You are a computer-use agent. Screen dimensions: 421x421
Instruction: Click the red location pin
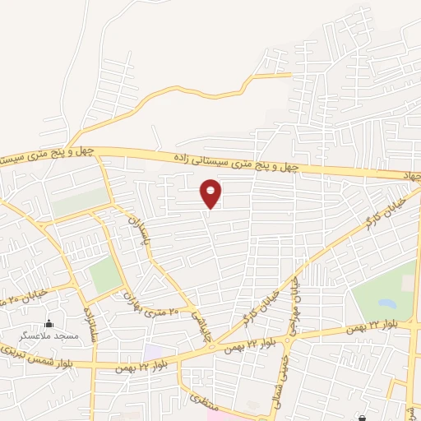coord(210,193)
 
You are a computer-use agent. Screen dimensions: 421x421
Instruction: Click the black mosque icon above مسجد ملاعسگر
coord(49,324)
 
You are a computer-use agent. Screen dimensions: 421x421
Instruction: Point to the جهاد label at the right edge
coord(410,176)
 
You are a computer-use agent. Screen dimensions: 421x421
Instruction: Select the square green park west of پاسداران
coord(104,275)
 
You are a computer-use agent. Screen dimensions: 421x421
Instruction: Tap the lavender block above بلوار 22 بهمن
coord(154,351)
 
